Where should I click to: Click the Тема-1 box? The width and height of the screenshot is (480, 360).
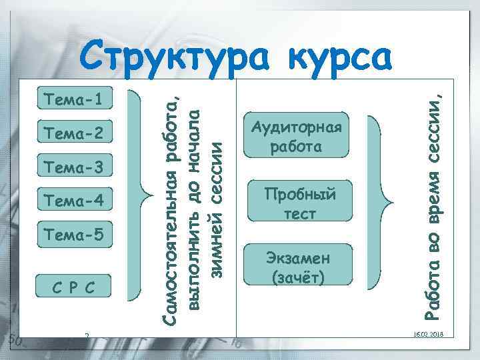73,100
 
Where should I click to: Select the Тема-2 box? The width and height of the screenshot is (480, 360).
73,133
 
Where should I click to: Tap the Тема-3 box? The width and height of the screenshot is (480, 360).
73,166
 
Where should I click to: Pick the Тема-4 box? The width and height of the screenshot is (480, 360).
73,199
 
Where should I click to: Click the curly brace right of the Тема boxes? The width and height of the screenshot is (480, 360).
145,194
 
